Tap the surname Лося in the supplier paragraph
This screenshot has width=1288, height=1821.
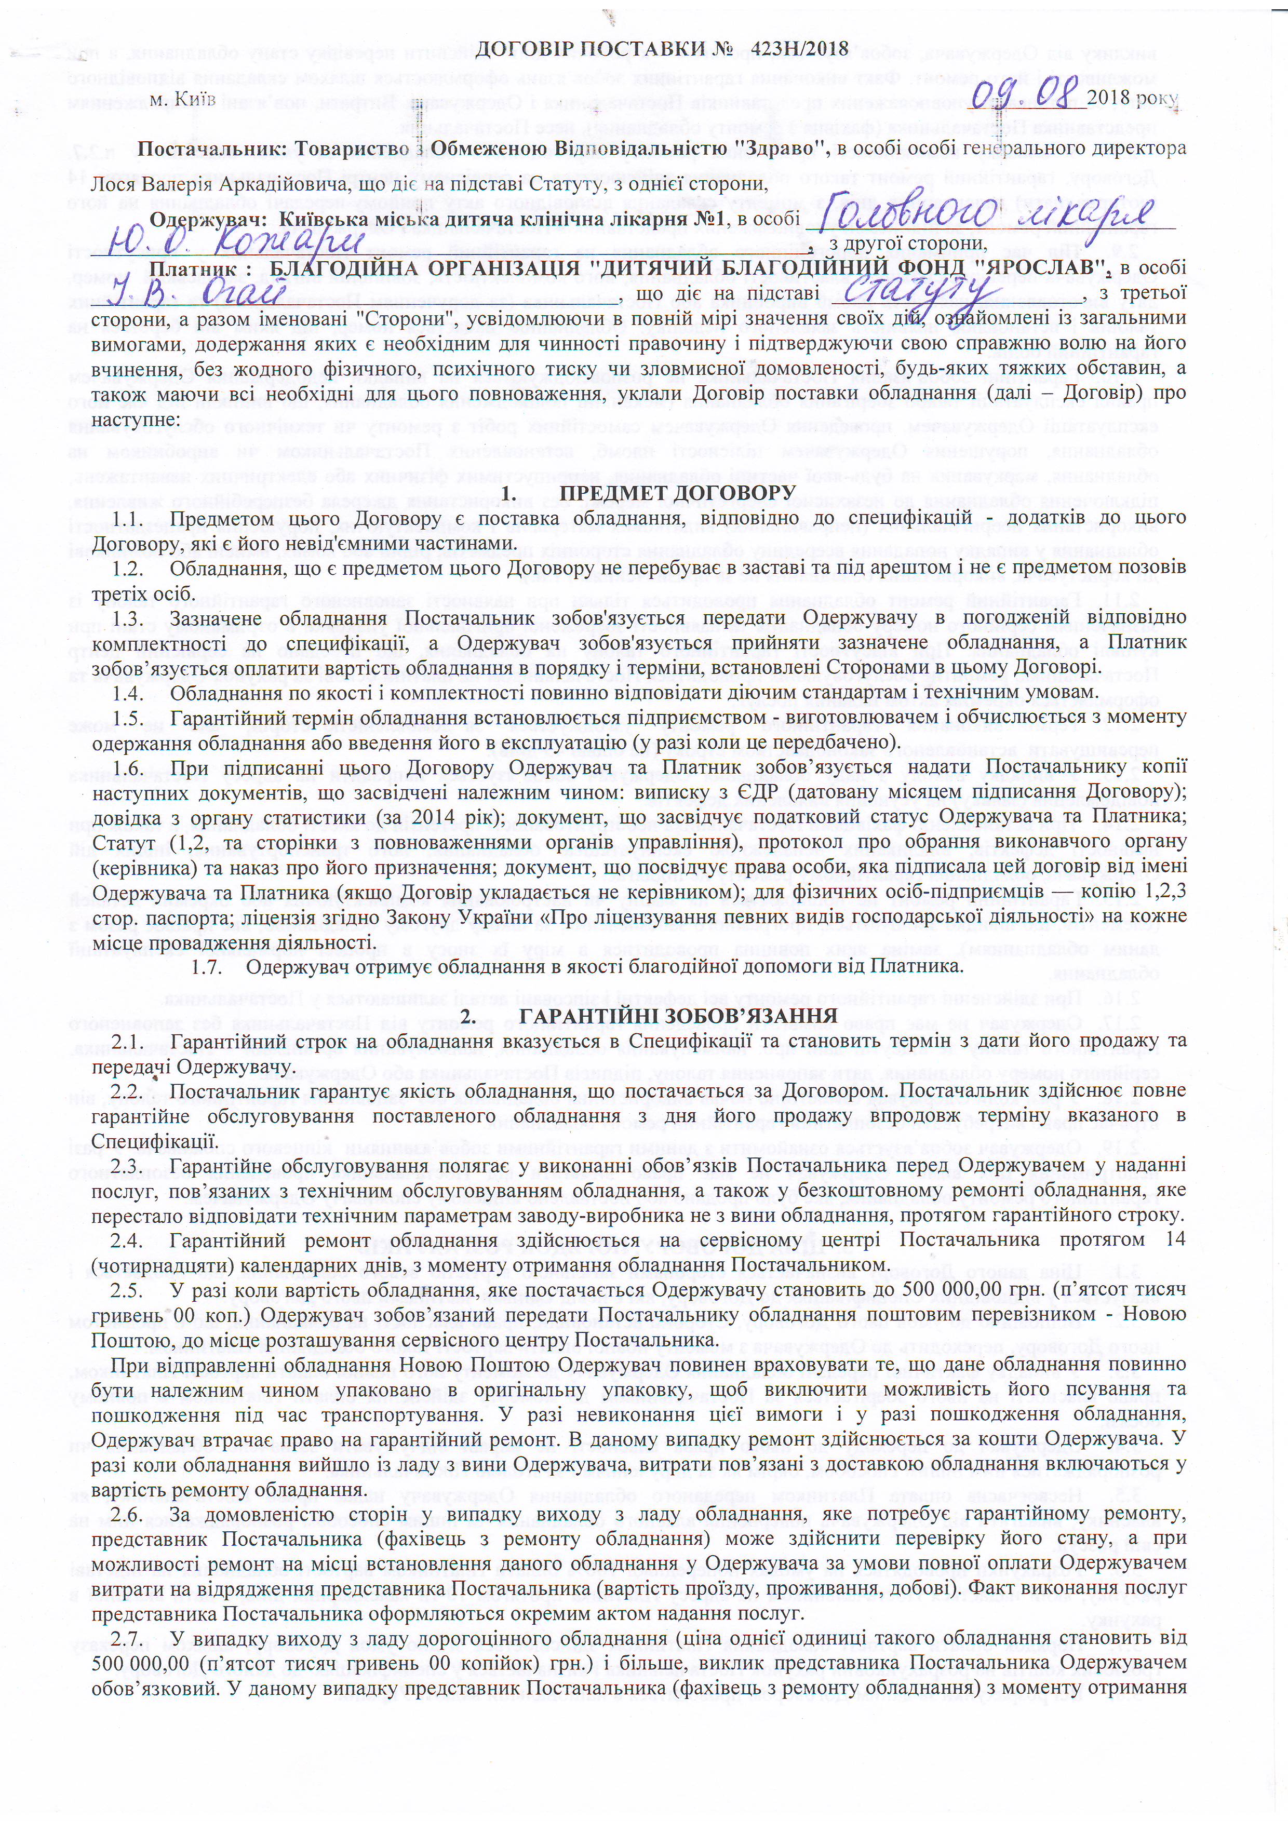111,185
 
